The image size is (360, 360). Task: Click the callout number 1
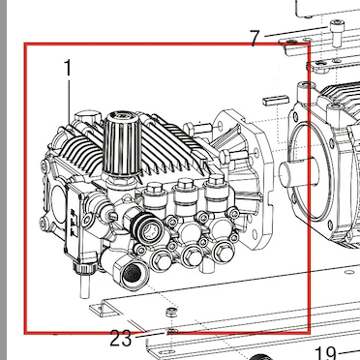pyautogui.click(x=67, y=68)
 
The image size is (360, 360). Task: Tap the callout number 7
pyautogui.click(x=255, y=39)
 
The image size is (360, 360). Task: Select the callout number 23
pyautogui.click(x=121, y=339)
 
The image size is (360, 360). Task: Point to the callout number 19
pyautogui.click(x=326, y=353)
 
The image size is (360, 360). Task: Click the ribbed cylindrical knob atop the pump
pyautogui.click(x=122, y=143)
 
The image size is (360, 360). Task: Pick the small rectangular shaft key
pyautogui.click(x=275, y=101)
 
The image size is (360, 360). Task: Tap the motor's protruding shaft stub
pyautogui.click(x=293, y=174)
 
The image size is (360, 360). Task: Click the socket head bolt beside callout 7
pyautogui.click(x=337, y=33)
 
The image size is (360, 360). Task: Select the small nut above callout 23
pyautogui.click(x=171, y=312)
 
